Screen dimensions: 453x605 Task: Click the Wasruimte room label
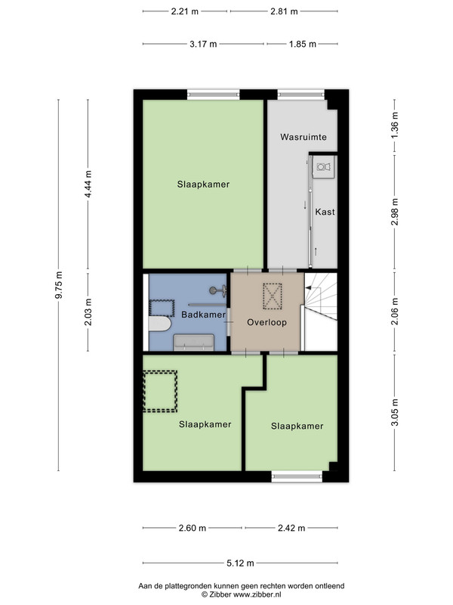(x=304, y=137)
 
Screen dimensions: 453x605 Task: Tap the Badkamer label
(x=203, y=315)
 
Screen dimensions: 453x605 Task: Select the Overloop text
(x=267, y=322)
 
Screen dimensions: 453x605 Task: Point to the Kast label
(x=325, y=212)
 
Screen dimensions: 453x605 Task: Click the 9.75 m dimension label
(x=59, y=285)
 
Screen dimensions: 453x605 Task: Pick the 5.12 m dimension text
(x=240, y=563)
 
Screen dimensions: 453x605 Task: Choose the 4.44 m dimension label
(x=88, y=184)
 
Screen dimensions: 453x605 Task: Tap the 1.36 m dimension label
(x=394, y=126)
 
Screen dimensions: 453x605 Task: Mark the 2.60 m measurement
(x=193, y=528)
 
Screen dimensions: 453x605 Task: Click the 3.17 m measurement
(x=203, y=44)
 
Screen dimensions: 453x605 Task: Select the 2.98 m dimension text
(x=394, y=213)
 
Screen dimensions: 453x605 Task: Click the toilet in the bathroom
(x=159, y=324)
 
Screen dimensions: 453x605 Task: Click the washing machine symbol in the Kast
(x=323, y=167)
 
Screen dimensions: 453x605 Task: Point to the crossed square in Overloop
(x=273, y=296)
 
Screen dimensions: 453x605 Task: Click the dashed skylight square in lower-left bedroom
(x=160, y=391)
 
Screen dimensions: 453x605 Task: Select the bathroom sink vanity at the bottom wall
(x=194, y=343)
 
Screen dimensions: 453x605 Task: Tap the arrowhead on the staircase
(x=308, y=287)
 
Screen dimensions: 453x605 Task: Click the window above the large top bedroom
(x=214, y=95)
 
